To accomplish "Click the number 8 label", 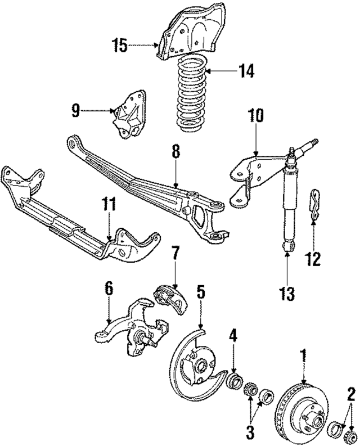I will (x=175, y=151).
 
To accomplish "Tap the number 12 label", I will (x=313, y=259).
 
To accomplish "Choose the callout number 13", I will (x=287, y=293).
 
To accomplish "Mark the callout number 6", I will (x=109, y=288).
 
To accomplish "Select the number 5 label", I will (x=201, y=292).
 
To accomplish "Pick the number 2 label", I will (x=350, y=394).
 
